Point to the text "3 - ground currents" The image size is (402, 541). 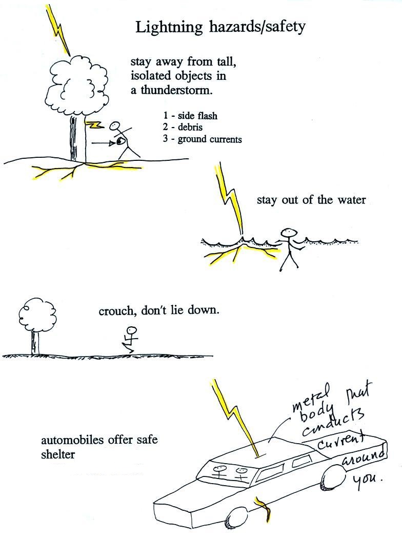203,139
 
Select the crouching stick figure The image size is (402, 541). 131,339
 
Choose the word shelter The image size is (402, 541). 58,454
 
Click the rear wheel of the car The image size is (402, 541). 337,476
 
